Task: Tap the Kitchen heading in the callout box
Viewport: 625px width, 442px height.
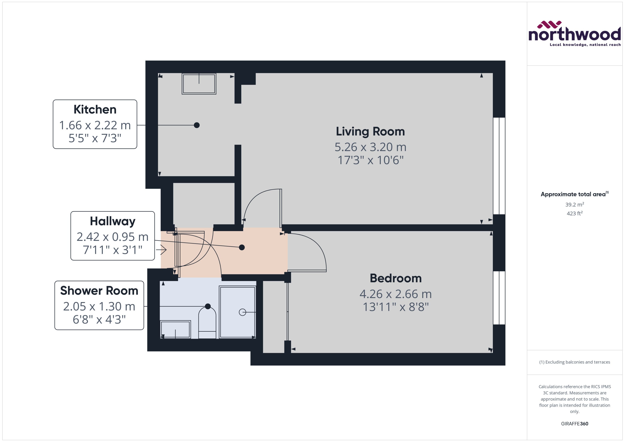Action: click(95, 109)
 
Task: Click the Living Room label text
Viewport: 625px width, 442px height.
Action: click(370, 132)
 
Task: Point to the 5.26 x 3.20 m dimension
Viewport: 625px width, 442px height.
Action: click(370, 147)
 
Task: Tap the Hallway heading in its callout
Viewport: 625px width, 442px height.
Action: click(112, 221)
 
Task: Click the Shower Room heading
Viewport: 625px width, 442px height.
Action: click(99, 291)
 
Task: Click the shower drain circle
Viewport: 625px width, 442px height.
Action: click(242, 312)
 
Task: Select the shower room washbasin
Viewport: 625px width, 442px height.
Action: click(175, 329)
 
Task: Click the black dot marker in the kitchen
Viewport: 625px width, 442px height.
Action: click(197, 125)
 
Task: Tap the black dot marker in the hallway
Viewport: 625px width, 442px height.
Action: click(242, 247)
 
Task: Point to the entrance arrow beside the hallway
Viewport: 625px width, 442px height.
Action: click(162, 250)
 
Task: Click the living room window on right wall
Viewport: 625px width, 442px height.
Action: click(499, 166)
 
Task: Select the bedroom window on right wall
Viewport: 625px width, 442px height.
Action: click(499, 298)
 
